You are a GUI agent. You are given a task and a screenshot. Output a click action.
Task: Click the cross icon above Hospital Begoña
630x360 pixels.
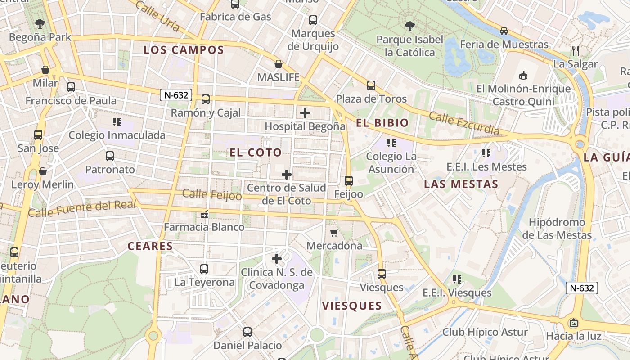[305, 112]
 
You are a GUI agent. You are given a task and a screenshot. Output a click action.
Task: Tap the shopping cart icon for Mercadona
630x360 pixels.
[334, 233]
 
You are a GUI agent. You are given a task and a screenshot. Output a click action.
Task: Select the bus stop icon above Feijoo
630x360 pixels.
[348, 181]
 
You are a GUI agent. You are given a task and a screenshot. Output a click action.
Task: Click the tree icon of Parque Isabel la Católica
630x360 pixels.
[409, 26]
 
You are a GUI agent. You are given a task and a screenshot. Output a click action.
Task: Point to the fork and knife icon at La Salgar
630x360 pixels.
[575, 50]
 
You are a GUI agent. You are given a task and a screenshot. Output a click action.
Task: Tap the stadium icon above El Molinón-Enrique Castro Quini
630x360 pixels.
[523, 75]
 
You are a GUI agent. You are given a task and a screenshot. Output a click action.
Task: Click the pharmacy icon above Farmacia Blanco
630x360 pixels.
[204, 214]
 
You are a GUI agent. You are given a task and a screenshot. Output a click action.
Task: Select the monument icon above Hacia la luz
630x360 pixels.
[573, 323]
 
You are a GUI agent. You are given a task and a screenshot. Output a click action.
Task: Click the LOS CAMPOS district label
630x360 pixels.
[184, 50]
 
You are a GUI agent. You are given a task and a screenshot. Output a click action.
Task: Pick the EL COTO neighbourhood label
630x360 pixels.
[256, 153]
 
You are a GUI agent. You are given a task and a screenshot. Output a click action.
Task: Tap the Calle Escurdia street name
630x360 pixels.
[464, 123]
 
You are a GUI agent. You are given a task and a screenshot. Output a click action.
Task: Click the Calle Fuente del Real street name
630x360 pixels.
[82, 208]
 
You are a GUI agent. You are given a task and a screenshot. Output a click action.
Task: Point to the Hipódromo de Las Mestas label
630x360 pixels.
[557, 229]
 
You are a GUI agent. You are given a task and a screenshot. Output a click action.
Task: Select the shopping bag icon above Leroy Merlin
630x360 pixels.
[42, 171]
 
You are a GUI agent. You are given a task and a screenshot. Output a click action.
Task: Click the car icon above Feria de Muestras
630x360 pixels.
[504, 31]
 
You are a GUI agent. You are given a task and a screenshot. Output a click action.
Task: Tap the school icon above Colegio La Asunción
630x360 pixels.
[391, 143]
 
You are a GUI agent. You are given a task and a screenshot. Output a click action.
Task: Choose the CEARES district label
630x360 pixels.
[150, 246]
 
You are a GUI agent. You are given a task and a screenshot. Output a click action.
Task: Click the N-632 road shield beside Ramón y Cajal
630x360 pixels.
[176, 95]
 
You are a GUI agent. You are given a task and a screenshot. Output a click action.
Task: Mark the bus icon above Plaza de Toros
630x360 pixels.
[371, 85]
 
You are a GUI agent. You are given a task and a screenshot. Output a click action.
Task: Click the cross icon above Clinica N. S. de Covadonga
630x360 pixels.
[277, 259]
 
